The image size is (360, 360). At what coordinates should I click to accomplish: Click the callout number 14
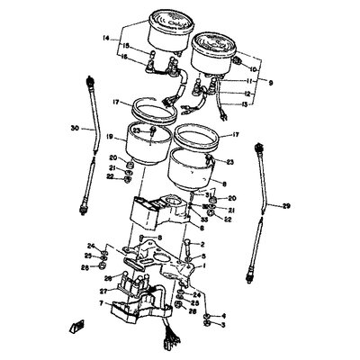coord(105,39)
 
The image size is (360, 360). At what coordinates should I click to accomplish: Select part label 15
coord(127,46)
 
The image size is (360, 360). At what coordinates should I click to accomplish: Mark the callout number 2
coord(201,243)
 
